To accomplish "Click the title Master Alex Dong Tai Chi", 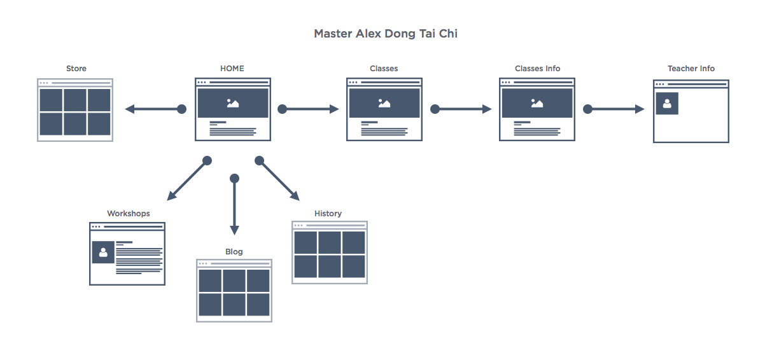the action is click(x=386, y=34).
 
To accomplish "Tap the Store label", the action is click(x=76, y=69).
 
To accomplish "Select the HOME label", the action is click(x=232, y=69).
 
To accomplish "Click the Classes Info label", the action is click(x=537, y=69).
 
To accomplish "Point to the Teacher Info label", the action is click(x=691, y=69).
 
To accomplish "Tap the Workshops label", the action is click(x=128, y=214).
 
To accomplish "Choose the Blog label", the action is click(x=234, y=252).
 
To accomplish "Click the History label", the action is click(x=328, y=214).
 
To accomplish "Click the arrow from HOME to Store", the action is click(x=155, y=109).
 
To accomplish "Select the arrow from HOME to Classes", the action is click(x=308, y=109).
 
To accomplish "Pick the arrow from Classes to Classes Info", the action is click(x=461, y=109).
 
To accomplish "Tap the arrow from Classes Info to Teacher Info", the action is click(x=614, y=109).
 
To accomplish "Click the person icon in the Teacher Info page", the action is click(x=667, y=103).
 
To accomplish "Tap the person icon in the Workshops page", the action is click(x=103, y=252).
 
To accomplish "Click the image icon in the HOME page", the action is click(x=233, y=103).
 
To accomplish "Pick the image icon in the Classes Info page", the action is click(x=537, y=103).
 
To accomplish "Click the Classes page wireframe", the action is click(x=384, y=109).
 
